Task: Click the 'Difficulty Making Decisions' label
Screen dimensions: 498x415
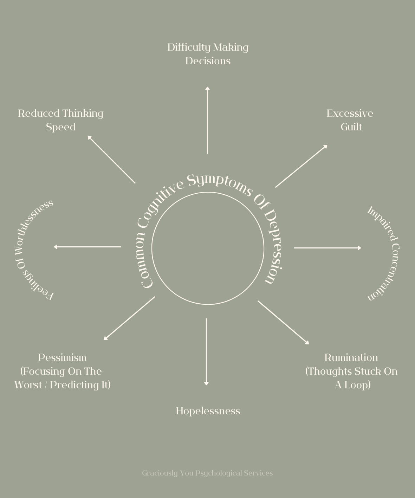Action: coord(208,54)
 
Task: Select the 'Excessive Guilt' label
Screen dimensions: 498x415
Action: coord(350,120)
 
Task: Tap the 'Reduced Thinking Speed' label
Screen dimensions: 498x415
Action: coord(60,120)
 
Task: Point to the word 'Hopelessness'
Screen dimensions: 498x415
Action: coord(208,411)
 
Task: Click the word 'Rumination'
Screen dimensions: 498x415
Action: coord(351,357)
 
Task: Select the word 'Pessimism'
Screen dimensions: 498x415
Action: coord(62,357)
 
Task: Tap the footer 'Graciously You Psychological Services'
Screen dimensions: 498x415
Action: coord(207,473)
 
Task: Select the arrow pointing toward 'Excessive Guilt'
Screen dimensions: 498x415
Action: coord(301,166)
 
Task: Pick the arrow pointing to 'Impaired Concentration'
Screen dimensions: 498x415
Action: coord(327,248)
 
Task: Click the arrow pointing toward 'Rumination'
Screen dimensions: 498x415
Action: coord(283,322)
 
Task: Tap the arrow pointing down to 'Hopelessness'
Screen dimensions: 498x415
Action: coord(206,352)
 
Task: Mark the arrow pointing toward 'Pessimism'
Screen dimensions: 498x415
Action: coord(129,318)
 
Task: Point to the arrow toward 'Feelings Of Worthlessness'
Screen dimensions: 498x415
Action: coord(87,247)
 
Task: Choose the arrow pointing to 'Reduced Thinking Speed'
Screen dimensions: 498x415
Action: coord(111,160)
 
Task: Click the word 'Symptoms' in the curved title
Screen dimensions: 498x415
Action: coord(220,183)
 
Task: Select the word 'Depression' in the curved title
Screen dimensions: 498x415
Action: coord(273,246)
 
